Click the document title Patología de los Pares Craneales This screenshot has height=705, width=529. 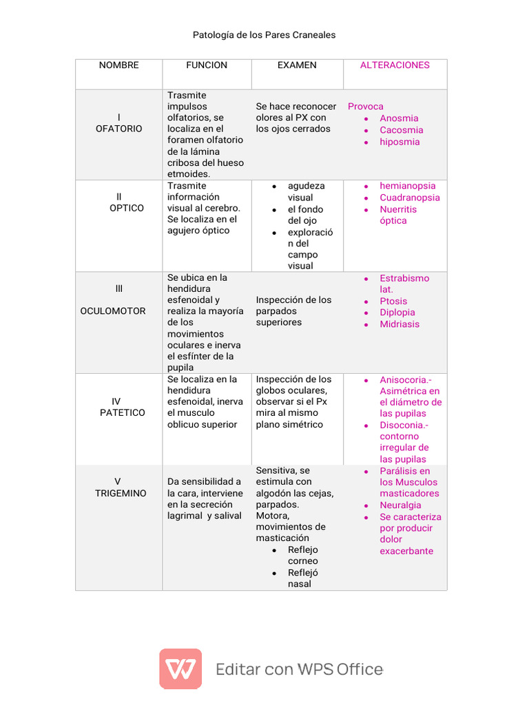(264, 34)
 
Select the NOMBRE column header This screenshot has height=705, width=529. (118, 65)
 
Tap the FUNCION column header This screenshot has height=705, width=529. (207, 65)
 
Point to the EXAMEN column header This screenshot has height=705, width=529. (297, 65)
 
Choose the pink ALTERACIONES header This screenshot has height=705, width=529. (395, 65)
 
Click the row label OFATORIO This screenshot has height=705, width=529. (119, 129)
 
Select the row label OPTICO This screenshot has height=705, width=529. (127, 208)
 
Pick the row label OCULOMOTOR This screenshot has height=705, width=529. (113, 311)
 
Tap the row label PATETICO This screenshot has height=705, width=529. (123, 413)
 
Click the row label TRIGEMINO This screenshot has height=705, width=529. (121, 494)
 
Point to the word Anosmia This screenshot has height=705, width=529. (399, 118)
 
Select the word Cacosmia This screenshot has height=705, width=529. (402, 130)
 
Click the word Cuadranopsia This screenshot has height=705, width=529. (410, 198)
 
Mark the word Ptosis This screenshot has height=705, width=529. (393, 302)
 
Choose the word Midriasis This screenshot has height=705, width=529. (400, 324)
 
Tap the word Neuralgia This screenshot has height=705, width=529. (400, 505)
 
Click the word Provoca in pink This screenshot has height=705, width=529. (366, 107)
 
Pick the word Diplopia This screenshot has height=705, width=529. (397, 313)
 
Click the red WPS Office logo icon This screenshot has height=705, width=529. (180, 669)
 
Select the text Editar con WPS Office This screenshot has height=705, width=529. (299, 669)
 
